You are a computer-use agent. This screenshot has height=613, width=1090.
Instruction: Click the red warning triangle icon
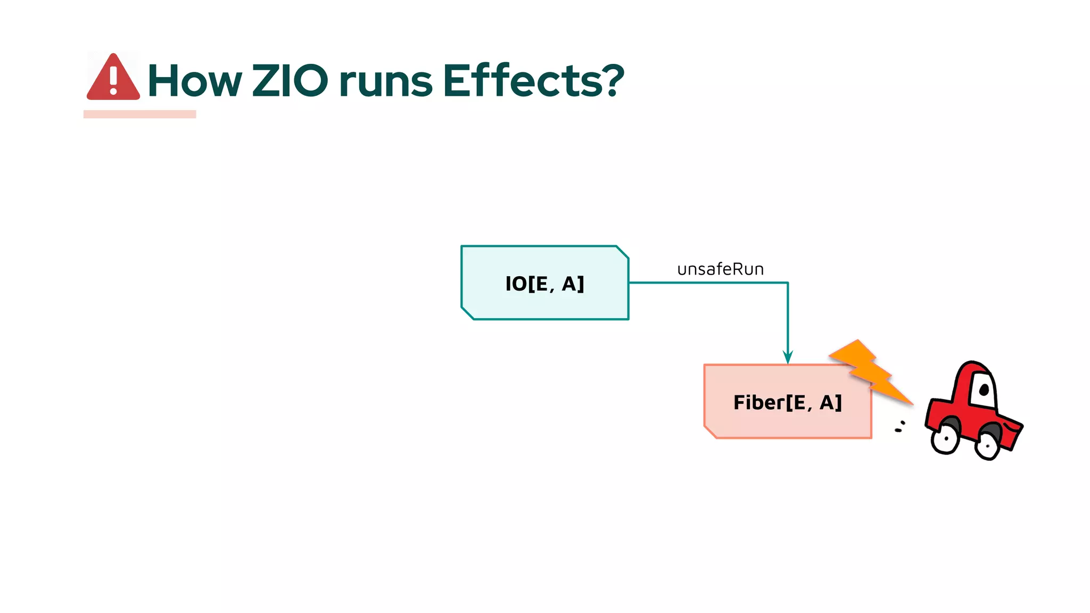click(113, 78)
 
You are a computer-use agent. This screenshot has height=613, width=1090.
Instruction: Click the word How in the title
click(194, 81)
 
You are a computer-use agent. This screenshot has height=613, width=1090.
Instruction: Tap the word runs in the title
click(386, 82)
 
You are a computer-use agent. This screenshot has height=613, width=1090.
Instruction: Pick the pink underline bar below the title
click(139, 114)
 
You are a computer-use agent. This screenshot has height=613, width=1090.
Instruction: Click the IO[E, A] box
click(544, 283)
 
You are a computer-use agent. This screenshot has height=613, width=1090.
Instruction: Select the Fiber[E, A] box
click(787, 402)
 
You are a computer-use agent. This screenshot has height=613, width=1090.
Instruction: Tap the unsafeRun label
click(720, 269)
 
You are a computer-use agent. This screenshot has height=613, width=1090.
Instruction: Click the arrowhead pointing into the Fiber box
click(788, 357)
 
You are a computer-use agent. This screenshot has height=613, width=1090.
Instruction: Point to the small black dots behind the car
click(900, 427)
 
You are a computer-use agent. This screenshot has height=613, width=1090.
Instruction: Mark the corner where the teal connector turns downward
click(788, 283)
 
